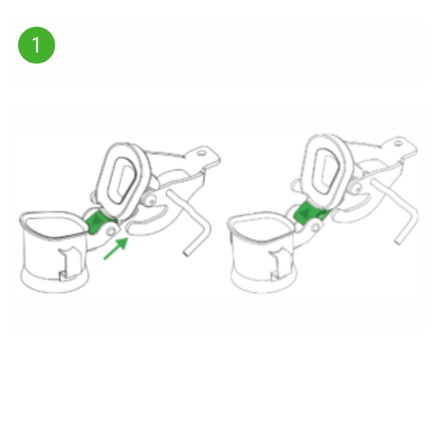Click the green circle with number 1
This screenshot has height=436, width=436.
pos(36,45)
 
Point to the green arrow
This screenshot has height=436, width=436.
pos(116,249)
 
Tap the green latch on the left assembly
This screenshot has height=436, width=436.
pos(98,222)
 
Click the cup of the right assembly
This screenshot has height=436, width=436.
pos(262,252)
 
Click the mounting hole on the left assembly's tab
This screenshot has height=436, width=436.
pos(201,153)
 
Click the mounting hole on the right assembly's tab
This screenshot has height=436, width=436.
pos(398,143)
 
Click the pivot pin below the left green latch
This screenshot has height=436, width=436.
pos(111,231)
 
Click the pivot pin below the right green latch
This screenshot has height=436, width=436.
pos(315,227)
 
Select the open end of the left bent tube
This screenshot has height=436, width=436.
pos(185,253)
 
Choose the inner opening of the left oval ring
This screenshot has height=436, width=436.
pos(122,180)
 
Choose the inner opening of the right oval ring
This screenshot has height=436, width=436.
pos(327,169)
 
